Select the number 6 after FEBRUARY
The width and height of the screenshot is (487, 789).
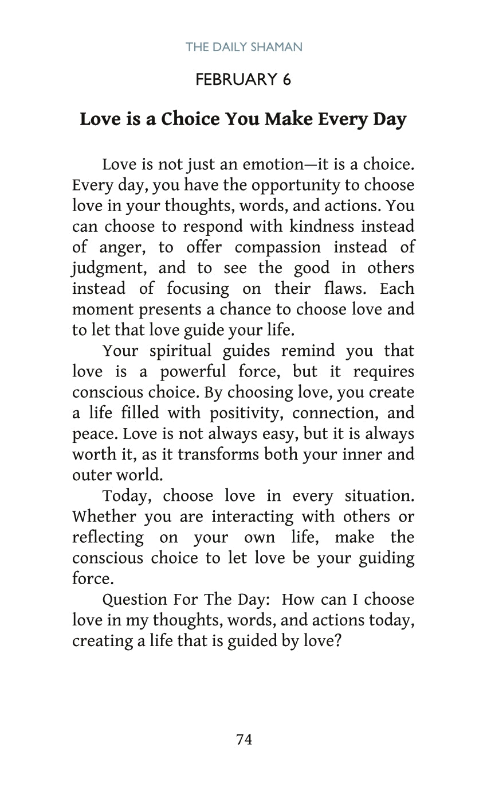pyautogui.click(x=286, y=79)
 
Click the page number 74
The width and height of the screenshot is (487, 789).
pyautogui.click(x=244, y=740)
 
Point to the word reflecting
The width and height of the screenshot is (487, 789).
pyautogui.click(x=108, y=538)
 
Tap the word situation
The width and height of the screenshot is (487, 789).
pyautogui.click(x=379, y=496)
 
